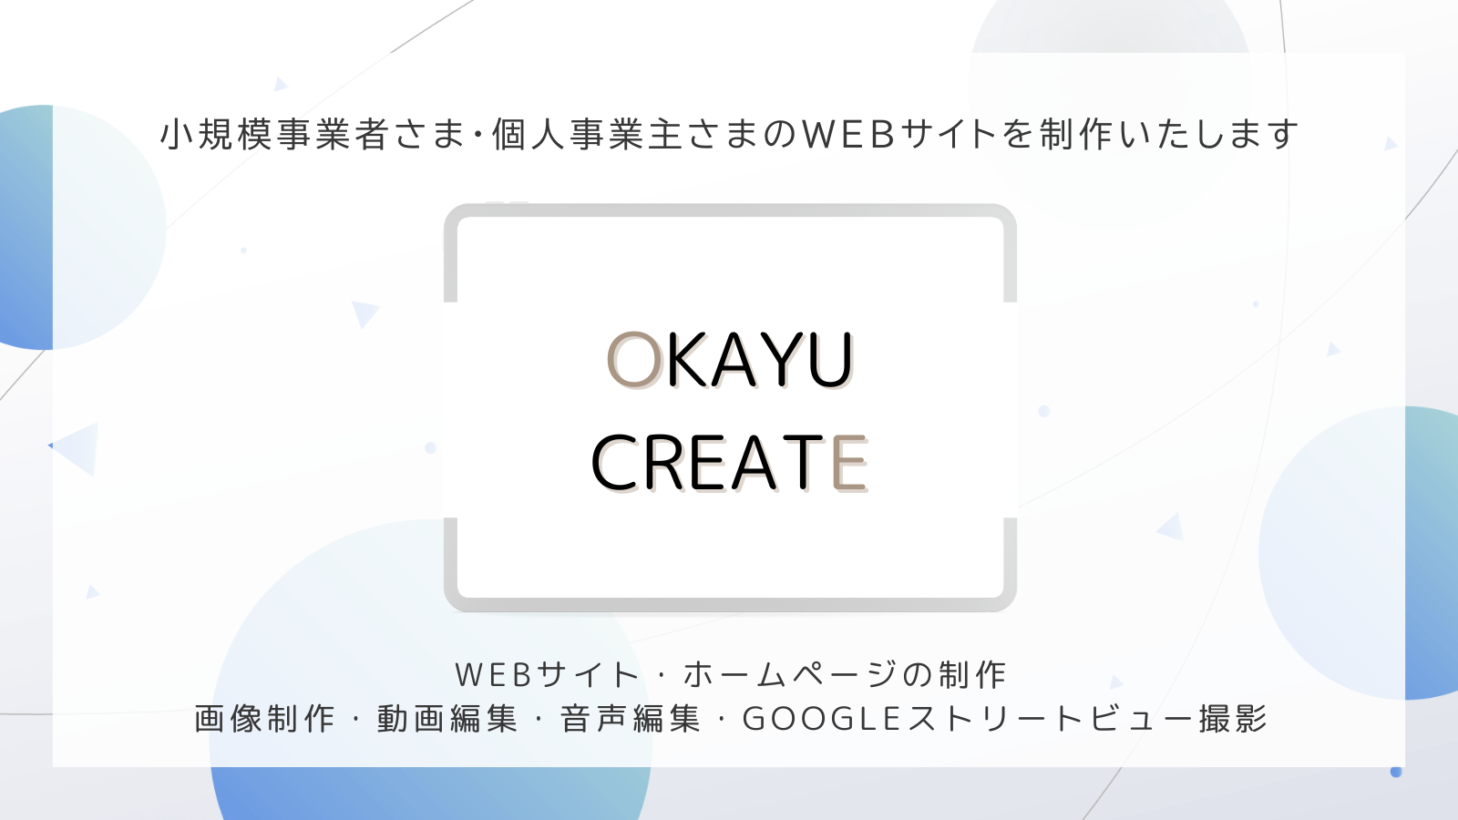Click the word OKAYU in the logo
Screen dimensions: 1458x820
pos(730,359)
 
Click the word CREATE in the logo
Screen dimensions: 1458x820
pos(729,463)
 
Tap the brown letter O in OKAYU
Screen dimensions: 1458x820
pos(634,359)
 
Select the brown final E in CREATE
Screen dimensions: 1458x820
pos(849,463)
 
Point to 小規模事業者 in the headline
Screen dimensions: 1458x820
pos(274,134)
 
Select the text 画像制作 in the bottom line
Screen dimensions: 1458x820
pos(264,719)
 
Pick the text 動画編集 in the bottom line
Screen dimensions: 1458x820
pos(447,719)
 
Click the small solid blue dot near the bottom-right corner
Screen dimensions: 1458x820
pos(1395,772)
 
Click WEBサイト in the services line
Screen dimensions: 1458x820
pos(547,674)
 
